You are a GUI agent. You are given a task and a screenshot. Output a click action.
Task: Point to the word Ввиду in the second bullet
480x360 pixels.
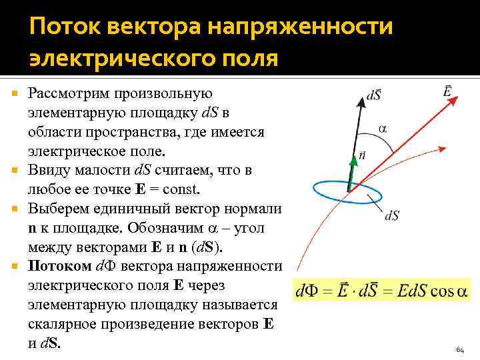coord(48,170)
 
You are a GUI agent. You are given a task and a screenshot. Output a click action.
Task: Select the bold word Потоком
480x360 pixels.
coord(59,267)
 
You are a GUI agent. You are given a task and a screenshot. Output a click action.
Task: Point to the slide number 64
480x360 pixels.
coord(460,349)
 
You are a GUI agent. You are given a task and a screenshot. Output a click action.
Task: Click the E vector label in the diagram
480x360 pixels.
coord(449,88)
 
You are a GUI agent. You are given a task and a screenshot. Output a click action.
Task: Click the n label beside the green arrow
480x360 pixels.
coord(362,155)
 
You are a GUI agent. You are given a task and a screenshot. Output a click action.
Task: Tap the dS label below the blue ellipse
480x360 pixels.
coord(392,215)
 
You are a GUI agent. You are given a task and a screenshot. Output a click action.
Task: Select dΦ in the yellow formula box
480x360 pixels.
coord(307,291)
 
